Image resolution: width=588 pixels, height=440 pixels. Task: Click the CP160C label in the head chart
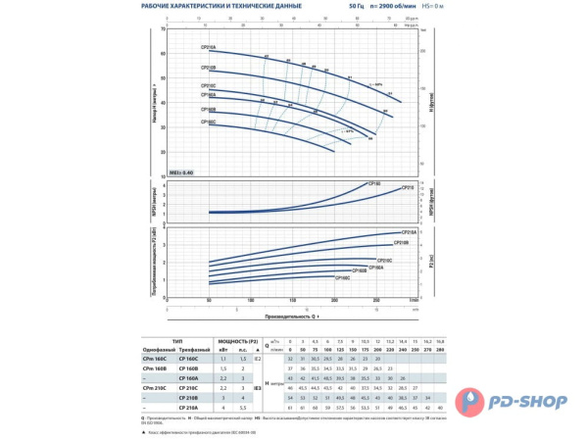pos(209,122)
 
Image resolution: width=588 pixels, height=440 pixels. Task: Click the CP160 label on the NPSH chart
pos(373,183)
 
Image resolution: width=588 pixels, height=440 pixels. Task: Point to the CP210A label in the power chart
pos(410,231)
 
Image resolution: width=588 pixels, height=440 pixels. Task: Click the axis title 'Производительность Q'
pos(292,317)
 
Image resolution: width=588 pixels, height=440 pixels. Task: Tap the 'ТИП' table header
pos(176,340)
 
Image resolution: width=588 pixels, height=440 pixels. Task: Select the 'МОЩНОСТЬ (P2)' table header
pos(231,340)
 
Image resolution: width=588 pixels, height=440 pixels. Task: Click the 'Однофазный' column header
pos(158,348)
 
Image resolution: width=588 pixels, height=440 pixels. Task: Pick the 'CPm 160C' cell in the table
pos(158,359)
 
